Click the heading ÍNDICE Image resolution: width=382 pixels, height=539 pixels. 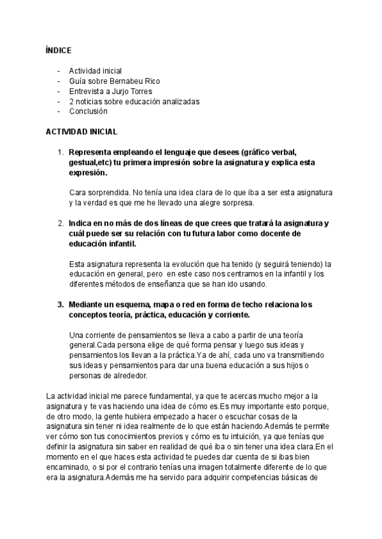point(59,50)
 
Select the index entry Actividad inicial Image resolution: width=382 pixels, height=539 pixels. point(95,71)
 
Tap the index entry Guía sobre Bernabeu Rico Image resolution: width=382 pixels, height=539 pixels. point(115,81)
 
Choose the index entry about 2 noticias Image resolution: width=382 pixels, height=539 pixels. point(134,101)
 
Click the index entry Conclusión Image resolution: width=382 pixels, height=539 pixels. point(88,111)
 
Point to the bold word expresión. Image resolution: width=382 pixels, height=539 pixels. point(88,173)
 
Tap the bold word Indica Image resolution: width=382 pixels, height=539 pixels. point(81,223)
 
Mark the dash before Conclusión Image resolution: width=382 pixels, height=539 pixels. point(59,111)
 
